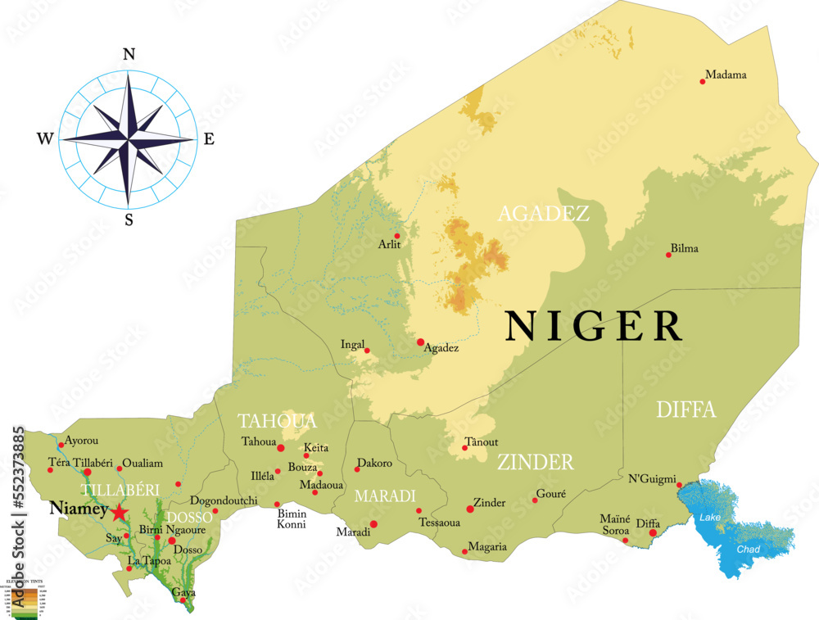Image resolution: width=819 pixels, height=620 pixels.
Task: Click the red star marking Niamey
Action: click(x=120, y=513)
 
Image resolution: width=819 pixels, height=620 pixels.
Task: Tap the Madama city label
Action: click(x=725, y=75)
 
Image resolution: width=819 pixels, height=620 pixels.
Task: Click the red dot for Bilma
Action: click(x=668, y=255)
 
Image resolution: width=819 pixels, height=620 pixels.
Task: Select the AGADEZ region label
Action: click(x=544, y=214)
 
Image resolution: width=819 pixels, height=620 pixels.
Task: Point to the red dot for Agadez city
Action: click(x=420, y=342)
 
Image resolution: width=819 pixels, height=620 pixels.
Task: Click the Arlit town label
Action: click(x=391, y=244)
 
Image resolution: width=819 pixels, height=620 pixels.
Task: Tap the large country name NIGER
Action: click(x=594, y=326)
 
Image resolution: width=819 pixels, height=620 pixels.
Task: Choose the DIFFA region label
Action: click(x=686, y=410)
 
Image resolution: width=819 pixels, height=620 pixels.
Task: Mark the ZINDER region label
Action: click(x=535, y=462)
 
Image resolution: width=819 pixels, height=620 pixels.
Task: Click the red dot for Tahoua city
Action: click(x=281, y=448)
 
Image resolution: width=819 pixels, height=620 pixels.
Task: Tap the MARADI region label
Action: click(x=385, y=496)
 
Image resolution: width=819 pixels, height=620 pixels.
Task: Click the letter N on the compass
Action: click(x=128, y=55)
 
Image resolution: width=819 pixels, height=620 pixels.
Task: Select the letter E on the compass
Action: click(x=208, y=139)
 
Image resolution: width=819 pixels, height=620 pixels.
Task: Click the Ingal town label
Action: click(x=352, y=344)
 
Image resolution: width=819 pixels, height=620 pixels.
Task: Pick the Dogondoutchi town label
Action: click(x=224, y=500)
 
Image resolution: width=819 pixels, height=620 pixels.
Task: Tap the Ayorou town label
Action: click(x=80, y=440)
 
